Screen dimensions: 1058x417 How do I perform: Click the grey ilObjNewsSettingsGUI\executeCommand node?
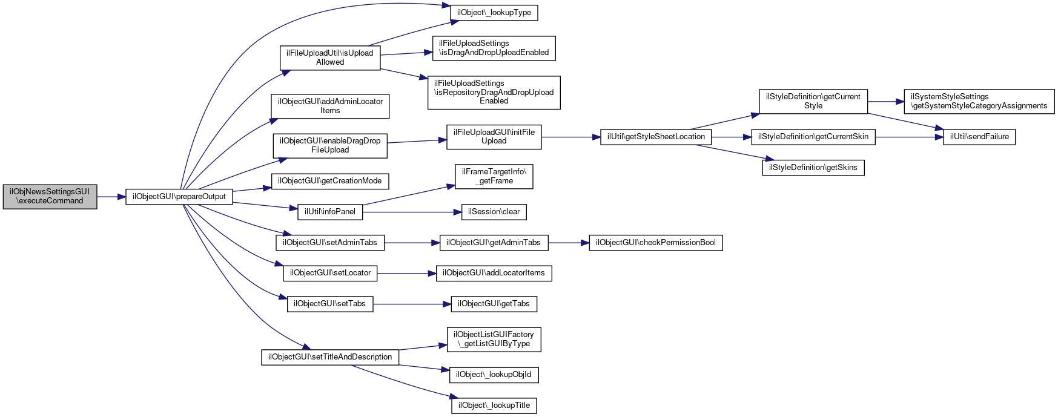point(50,197)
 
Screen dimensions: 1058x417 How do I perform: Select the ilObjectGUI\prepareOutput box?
point(179,197)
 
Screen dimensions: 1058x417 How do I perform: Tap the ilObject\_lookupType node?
point(494,13)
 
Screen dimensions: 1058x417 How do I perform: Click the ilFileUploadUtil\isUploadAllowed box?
point(330,57)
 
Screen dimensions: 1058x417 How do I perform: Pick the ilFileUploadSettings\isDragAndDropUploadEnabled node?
point(494,48)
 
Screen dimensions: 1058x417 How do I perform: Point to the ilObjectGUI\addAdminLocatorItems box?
point(330,106)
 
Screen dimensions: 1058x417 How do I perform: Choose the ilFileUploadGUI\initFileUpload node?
point(494,137)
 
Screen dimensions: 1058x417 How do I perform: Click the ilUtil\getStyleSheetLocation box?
point(656,137)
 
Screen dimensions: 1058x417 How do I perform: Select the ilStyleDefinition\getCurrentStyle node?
point(813,101)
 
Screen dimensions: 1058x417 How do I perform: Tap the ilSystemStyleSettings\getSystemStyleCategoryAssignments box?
point(979,101)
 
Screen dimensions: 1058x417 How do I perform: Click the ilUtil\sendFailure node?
point(979,137)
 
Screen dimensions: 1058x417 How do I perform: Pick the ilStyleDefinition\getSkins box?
point(813,168)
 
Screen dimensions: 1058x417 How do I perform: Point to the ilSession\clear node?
point(494,212)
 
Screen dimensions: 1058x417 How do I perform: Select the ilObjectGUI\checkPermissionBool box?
point(656,243)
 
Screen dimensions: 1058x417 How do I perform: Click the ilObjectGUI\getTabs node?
point(494,304)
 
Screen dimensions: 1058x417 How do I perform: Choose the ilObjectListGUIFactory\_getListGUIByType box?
point(494,339)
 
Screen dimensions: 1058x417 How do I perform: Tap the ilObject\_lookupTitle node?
point(494,406)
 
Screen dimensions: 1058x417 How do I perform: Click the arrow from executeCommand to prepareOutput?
point(111,197)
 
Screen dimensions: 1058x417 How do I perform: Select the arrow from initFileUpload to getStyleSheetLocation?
point(571,137)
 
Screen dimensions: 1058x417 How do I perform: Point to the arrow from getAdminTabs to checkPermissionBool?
point(569,243)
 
